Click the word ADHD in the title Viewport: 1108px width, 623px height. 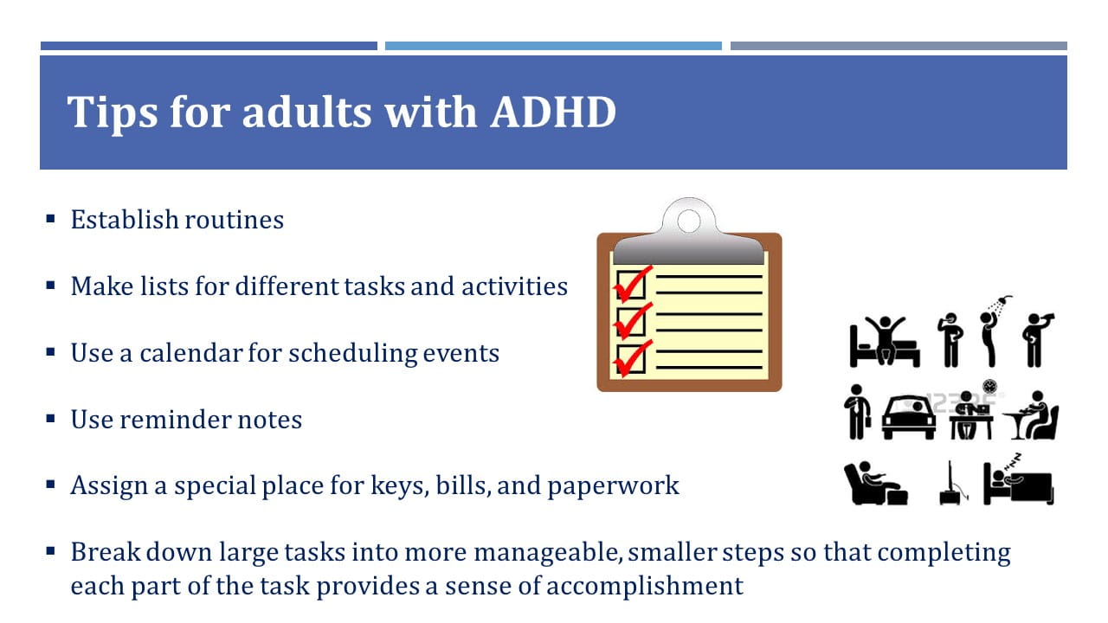pyautogui.click(x=553, y=112)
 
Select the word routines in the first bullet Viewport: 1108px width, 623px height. pyautogui.click(x=235, y=220)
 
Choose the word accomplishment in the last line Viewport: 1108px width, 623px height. pyautogui.click(x=645, y=587)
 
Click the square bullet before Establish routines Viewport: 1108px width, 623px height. pyautogui.click(x=50, y=219)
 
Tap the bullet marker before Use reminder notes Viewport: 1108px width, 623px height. pyautogui.click(x=50, y=419)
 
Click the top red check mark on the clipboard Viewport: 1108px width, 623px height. pyautogui.click(x=633, y=283)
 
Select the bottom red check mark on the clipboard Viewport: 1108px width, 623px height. pyautogui.click(x=633, y=358)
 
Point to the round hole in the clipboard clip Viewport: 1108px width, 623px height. pyautogui.click(x=688, y=221)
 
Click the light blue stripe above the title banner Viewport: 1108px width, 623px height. pyautogui.click(x=553, y=46)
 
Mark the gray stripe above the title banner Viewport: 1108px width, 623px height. pyautogui.click(x=899, y=46)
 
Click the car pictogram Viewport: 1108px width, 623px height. pyautogui.click(x=909, y=418)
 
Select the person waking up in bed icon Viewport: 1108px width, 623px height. pyautogui.click(x=885, y=342)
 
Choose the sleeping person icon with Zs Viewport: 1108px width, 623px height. pyautogui.click(x=1018, y=479)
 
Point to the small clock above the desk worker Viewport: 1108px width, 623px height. pyautogui.click(x=989, y=386)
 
